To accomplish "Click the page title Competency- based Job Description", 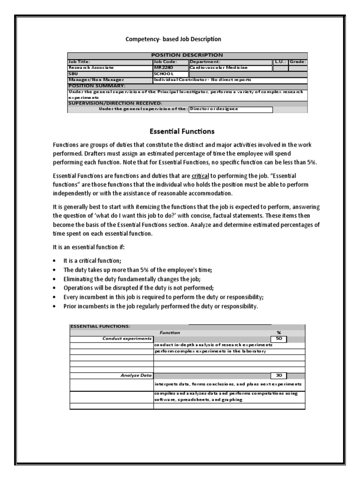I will (x=173, y=39).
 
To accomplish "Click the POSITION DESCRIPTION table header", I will (x=187, y=55).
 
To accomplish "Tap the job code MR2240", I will (x=163, y=67).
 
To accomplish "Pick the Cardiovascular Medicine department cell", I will (x=230, y=67).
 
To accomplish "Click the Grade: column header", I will (x=298, y=61).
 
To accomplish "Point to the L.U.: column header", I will (x=280, y=61).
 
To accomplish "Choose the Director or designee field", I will (x=230, y=109).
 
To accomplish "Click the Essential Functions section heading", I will (x=182, y=131).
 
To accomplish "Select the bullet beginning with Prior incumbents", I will (x=160, y=307).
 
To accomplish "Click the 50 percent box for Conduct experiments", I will (x=278, y=339).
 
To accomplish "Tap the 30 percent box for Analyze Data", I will (x=278, y=375).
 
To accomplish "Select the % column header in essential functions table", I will (x=278, y=332).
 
